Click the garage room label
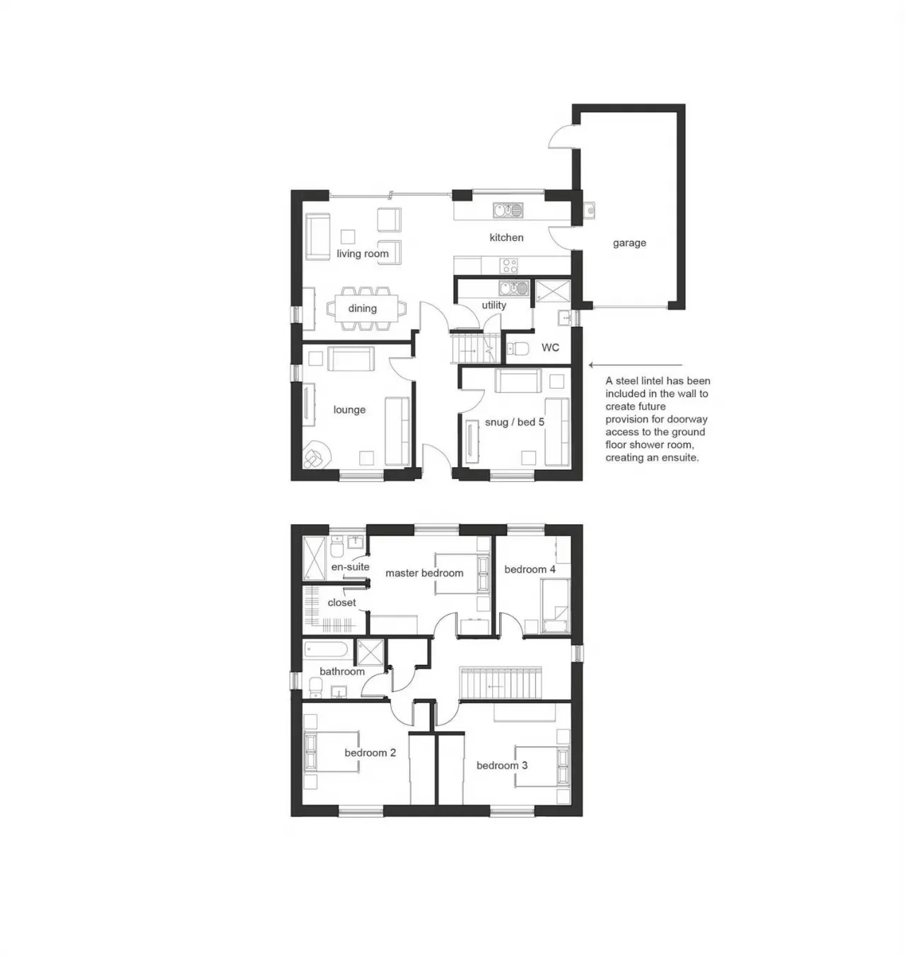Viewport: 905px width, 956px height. point(629,242)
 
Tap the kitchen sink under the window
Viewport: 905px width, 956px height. point(508,210)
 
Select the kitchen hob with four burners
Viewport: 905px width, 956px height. point(509,266)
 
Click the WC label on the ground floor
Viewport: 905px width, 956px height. point(550,348)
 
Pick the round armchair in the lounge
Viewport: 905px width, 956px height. point(316,454)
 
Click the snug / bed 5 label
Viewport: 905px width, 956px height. point(514,422)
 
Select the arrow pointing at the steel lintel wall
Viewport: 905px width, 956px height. point(636,365)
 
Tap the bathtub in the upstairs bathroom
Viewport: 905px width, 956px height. point(325,649)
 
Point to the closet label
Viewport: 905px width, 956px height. point(341,603)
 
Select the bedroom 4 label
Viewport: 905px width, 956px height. point(530,569)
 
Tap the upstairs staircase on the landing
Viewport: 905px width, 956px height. point(501,683)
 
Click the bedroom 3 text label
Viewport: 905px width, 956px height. point(502,765)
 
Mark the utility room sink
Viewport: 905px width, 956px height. point(514,288)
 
